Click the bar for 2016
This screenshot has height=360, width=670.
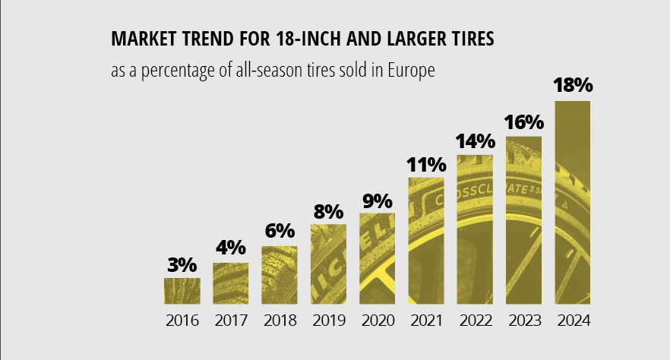click(182, 290)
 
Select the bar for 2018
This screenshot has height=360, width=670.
click(280, 274)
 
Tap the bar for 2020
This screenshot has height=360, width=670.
click(378, 258)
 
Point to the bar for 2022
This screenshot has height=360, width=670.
click(475, 229)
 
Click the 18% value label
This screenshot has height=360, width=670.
click(573, 86)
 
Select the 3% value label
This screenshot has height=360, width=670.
click(182, 265)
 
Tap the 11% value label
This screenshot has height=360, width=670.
click(426, 165)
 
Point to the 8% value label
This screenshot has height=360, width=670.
click(329, 211)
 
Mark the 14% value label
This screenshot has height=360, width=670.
click(475, 141)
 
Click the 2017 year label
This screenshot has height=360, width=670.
click(231, 320)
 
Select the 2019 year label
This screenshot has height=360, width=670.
click(329, 320)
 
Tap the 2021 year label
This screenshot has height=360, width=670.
click(426, 320)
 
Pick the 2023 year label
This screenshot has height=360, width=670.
click(524, 320)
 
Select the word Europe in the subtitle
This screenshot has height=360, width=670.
click(409, 71)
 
